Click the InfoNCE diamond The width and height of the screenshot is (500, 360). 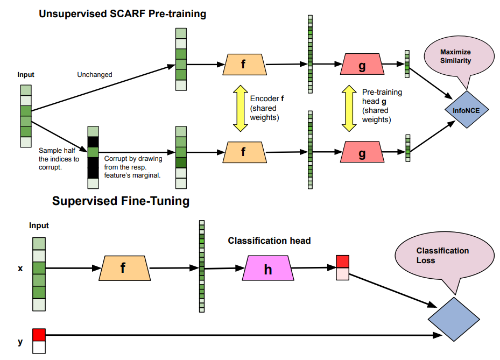click(467, 110)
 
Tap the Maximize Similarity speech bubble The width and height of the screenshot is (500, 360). click(455, 57)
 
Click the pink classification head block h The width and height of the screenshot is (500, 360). click(268, 269)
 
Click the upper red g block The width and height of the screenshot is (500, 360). click(362, 65)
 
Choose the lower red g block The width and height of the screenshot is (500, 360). click(362, 153)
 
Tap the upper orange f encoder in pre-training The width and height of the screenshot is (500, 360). click(243, 65)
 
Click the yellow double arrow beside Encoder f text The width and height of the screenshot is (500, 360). click(239, 108)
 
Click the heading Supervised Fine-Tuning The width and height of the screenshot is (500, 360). click(121, 202)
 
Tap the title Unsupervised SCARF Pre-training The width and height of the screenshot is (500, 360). click(122, 14)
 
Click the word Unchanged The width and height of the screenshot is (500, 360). click(95, 75)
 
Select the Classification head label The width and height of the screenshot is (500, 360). click(269, 241)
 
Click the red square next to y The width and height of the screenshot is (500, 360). click(38, 335)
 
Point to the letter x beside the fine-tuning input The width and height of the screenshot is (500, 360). click(20, 267)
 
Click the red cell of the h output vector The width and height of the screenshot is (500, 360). click(342, 262)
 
